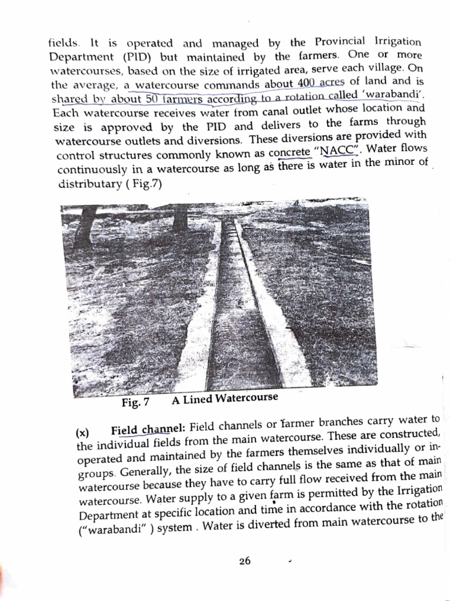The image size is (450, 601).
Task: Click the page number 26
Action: click(x=245, y=561)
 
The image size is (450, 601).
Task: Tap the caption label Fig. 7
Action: click(x=135, y=403)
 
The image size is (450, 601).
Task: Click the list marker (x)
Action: click(x=83, y=433)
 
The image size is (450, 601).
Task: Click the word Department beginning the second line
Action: click(x=81, y=58)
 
